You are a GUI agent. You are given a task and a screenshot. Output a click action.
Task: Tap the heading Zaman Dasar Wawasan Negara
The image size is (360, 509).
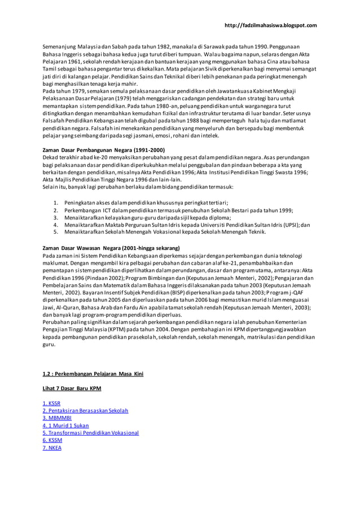coord(111,248)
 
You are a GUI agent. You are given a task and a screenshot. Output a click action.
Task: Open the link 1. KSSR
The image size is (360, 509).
coord(51,403)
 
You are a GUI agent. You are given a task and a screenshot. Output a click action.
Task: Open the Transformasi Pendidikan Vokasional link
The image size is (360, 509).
coord(91,433)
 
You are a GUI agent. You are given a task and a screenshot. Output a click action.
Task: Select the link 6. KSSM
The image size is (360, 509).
coord(52,440)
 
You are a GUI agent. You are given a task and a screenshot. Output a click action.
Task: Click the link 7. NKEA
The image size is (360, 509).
coord(52,447)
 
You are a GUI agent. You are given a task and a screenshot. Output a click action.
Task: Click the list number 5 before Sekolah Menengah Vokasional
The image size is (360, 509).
coord(55,231)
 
